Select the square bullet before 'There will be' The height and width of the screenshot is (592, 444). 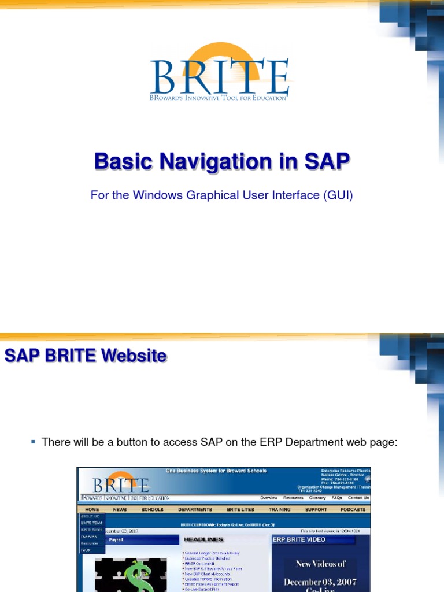point(34,442)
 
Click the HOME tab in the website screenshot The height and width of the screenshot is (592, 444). point(92,509)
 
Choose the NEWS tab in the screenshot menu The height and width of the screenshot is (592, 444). point(120,509)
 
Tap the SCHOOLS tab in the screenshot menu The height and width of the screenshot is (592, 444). point(153,509)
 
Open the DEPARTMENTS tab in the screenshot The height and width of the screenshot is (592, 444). point(195,509)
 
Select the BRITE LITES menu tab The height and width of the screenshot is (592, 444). point(240,509)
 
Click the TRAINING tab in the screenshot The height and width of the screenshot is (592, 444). point(279,509)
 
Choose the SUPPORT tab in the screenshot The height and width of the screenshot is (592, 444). point(316,509)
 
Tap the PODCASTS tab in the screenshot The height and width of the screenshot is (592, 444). point(353,509)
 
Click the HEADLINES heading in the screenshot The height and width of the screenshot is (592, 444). point(203,539)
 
